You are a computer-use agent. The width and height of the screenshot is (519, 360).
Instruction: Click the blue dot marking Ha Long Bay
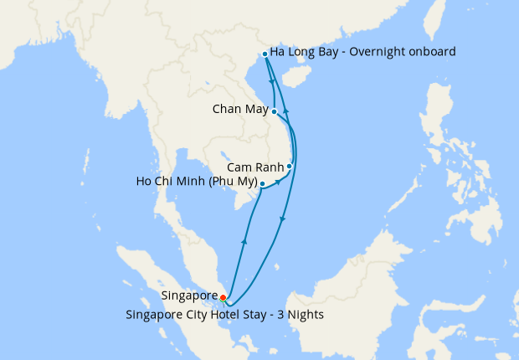265,54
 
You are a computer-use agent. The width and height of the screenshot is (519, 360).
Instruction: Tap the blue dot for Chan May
275,111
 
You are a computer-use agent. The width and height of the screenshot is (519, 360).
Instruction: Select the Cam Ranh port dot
290,166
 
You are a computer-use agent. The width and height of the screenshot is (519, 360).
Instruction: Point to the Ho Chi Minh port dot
262,183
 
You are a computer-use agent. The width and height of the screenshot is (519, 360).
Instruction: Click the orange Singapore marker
223,296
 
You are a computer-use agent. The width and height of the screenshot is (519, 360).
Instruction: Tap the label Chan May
240,110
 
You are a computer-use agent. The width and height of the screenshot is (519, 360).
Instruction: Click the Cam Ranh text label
255,167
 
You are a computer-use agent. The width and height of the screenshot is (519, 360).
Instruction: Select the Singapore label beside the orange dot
189,296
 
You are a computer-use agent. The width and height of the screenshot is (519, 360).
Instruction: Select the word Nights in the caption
304,315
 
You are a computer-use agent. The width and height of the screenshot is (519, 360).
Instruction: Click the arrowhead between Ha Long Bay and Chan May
273,82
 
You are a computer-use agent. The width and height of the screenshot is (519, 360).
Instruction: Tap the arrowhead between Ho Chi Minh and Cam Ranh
277,182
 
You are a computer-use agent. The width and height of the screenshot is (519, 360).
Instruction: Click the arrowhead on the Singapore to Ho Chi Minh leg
244,241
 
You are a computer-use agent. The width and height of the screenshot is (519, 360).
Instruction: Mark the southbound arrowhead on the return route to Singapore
282,219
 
